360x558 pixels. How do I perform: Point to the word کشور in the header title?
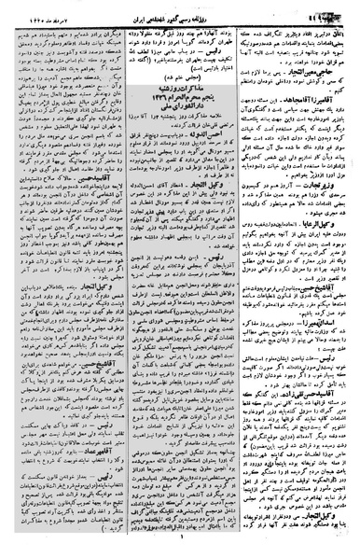click(194, 12)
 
